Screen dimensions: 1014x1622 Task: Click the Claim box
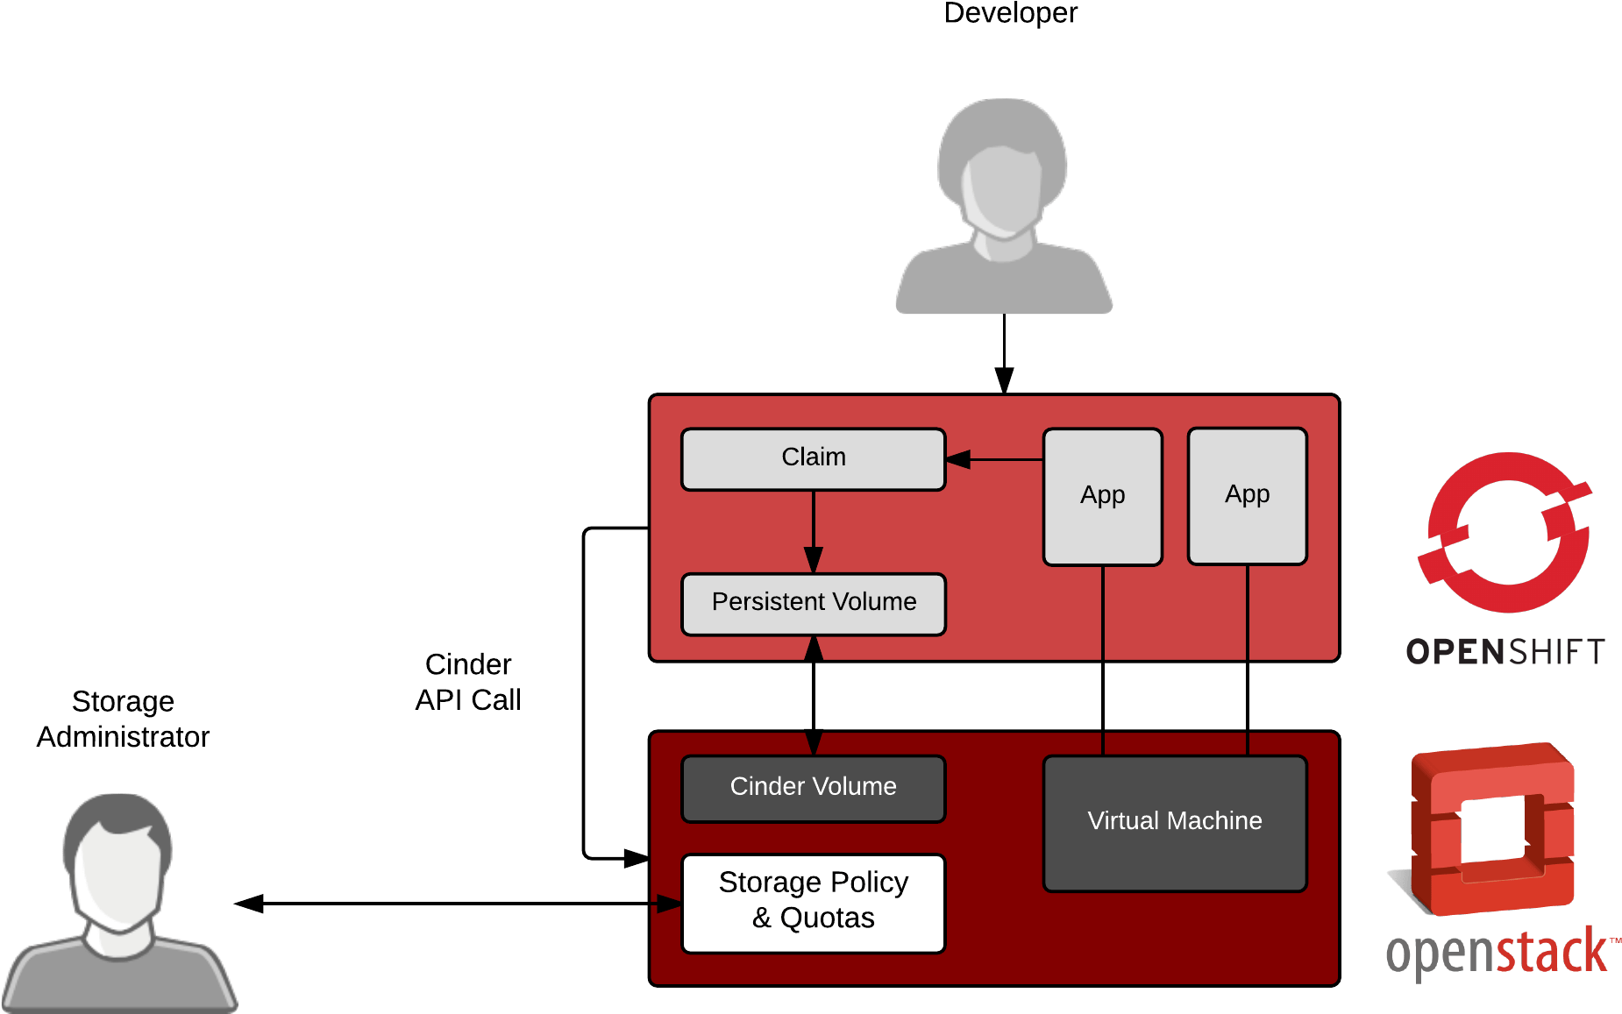pyautogui.click(x=813, y=458)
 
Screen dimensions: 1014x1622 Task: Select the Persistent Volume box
pyautogui.click(x=813, y=604)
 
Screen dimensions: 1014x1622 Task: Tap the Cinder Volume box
pyautogui.click(x=813, y=788)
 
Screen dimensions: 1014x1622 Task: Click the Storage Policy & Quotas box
pyautogui.click(x=813, y=903)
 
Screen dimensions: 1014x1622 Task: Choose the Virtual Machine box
pyautogui.click(x=1174, y=822)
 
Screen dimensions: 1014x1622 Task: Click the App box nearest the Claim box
pyautogui.click(x=1102, y=496)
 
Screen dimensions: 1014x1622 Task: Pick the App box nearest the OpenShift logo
pyautogui.click(x=1247, y=495)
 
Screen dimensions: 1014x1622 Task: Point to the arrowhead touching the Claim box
pyautogui.click(x=958, y=459)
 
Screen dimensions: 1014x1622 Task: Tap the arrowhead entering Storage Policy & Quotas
pyautogui.click(x=669, y=904)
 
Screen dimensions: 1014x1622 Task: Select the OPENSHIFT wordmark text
pyautogui.click(x=1505, y=652)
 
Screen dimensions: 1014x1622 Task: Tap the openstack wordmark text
pyautogui.click(x=1498, y=954)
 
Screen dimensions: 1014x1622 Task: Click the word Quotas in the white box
pyautogui.click(x=827, y=918)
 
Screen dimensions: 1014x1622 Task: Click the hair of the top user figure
pyautogui.click(x=1002, y=123)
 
